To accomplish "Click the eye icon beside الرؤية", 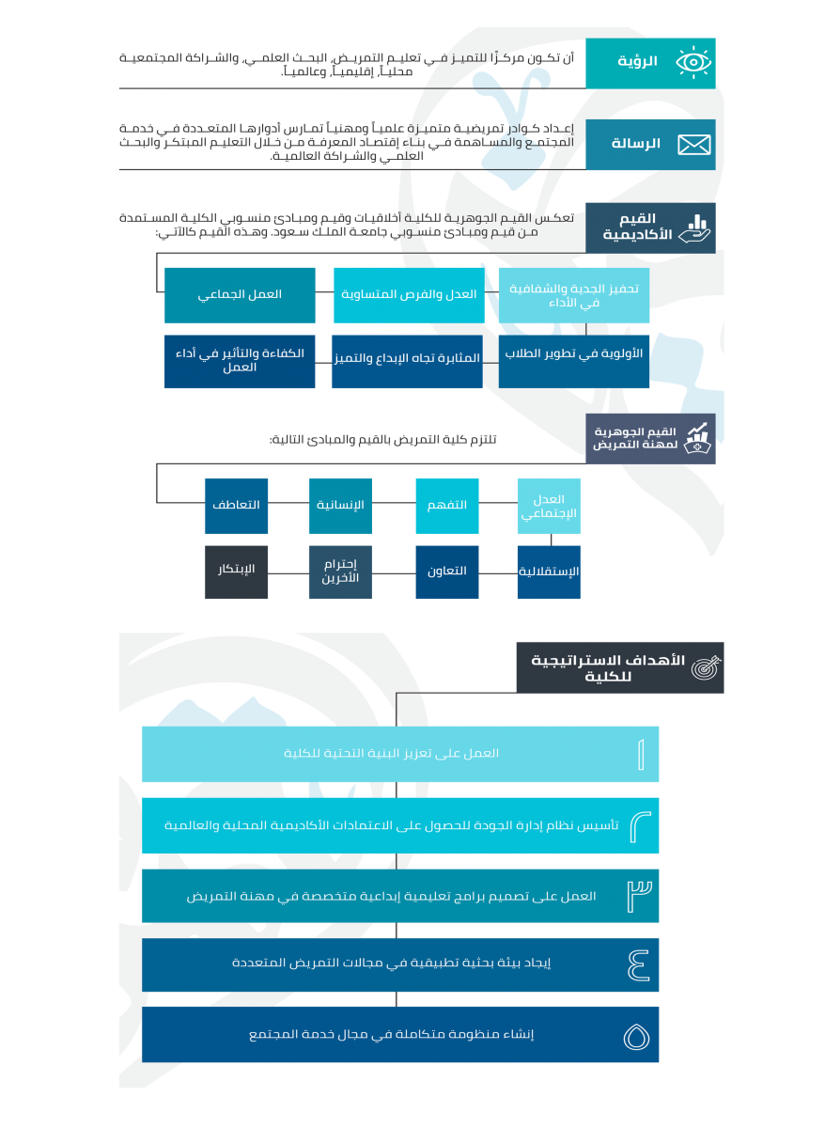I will [x=693, y=63].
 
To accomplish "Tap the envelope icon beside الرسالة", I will [x=693, y=145].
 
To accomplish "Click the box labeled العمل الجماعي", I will [x=240, y=294].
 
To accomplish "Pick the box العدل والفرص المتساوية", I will [x=408, y=294].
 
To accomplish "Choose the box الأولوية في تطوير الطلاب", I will [x=574, y=361].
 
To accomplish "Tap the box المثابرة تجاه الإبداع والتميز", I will [x=407, y=361].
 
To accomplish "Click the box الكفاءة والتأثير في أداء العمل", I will [x=240, y=361].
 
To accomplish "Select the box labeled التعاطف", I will [x=236, y=506].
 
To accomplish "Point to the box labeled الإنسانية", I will [x=340, y=506].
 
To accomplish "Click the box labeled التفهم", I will [x=447, y=506].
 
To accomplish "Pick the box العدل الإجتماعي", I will [x=549, y=507].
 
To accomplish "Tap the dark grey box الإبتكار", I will [x=236, y=572].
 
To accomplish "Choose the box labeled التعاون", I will [x=447, y=572].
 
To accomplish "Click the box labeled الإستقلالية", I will [x=549, y=572].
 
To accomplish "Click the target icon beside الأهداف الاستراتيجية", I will [x=706, y=667].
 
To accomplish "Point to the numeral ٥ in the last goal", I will [x=636, y=1036].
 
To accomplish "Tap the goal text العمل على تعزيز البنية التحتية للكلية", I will [x=391, y=754].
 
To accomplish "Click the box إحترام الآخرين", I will [x=340, y=572].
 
